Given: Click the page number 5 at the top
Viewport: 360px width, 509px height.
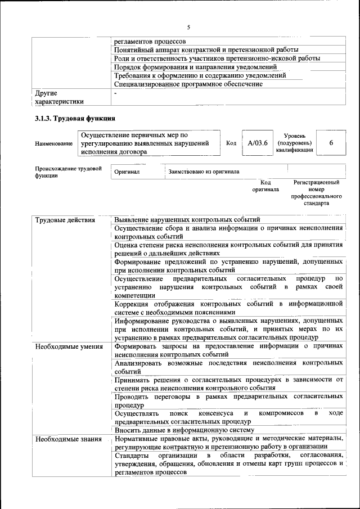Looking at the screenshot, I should pyautogui.click(x=189, y=27).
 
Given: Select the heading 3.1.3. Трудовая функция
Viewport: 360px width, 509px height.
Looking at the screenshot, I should pyautogui.click(x=75, y=119).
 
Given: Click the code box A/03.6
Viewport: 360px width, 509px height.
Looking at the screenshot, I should pyautogui.click(x=257, y=143).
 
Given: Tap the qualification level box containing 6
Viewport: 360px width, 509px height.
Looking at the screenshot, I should pyautogui.click(x=331, y=143).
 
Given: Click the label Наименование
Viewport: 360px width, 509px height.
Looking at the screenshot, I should pyautogui.click(x=53, y=144).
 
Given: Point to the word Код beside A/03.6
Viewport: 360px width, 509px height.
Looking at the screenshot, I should pyautogui.click(x=231, y=143).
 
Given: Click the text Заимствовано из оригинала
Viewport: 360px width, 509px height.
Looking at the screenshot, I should pyautogui.click(x=204, y=172).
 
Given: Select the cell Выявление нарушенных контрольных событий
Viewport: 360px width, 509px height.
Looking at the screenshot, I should pyautogui.click(x=187, y=219).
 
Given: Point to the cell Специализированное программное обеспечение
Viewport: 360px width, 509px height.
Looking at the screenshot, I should pyautogui.click(x=188, y=84).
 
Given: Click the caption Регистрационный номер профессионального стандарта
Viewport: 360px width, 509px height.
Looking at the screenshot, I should pyautogui.click(x=316, y=193).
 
